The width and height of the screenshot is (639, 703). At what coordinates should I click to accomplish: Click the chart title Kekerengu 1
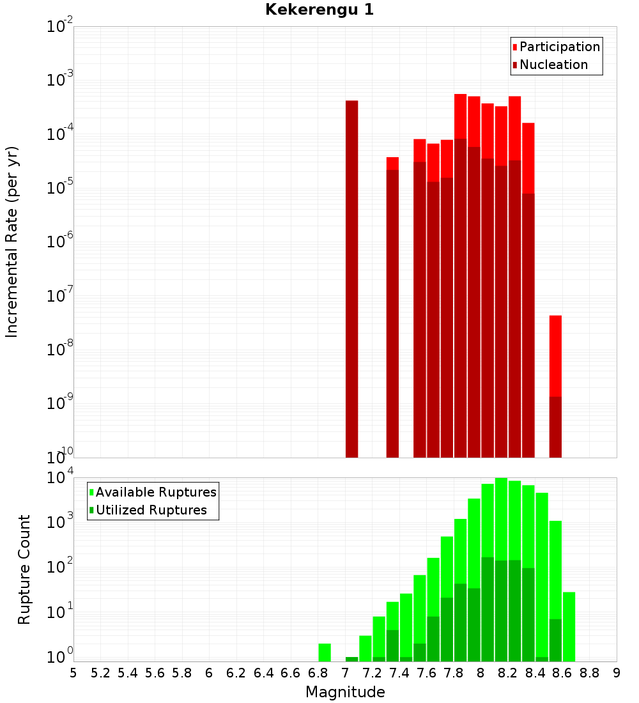point(319,10)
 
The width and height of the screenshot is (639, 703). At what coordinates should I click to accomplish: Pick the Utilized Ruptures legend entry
point(151,510)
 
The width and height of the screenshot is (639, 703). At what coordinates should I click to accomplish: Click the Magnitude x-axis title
point(345,692)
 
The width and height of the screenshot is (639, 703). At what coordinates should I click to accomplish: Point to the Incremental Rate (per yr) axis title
point(12,242)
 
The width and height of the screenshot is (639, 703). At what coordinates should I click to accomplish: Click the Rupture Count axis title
point(24,569)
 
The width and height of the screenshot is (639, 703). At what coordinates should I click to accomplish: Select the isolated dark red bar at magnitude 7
point(351,279)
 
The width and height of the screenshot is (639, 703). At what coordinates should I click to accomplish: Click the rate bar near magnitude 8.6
point(555,386)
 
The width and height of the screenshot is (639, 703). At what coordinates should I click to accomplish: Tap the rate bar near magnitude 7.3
point(392,307)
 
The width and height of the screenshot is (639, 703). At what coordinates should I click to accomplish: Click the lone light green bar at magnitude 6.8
point(325,652)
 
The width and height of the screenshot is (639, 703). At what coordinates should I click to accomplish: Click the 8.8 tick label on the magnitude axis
point(590,673)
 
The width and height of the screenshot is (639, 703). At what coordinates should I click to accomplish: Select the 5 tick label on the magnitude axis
point(73,673)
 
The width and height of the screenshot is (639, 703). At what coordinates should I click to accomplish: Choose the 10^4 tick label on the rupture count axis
point(60,477)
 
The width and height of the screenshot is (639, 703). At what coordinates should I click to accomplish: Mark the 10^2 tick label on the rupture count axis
point(60,567)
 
